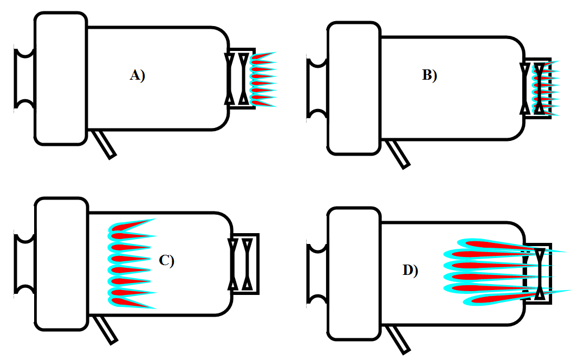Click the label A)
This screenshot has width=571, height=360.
coord(138,75)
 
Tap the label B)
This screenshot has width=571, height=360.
coord(429,75)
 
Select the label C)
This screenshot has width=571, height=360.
coord(166,261)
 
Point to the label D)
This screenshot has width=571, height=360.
coord(410,271)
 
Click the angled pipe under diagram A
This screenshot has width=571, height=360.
coord(106,144)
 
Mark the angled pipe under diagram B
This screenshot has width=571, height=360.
coord(399,155)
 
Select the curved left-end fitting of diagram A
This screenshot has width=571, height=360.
coord(24,79)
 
